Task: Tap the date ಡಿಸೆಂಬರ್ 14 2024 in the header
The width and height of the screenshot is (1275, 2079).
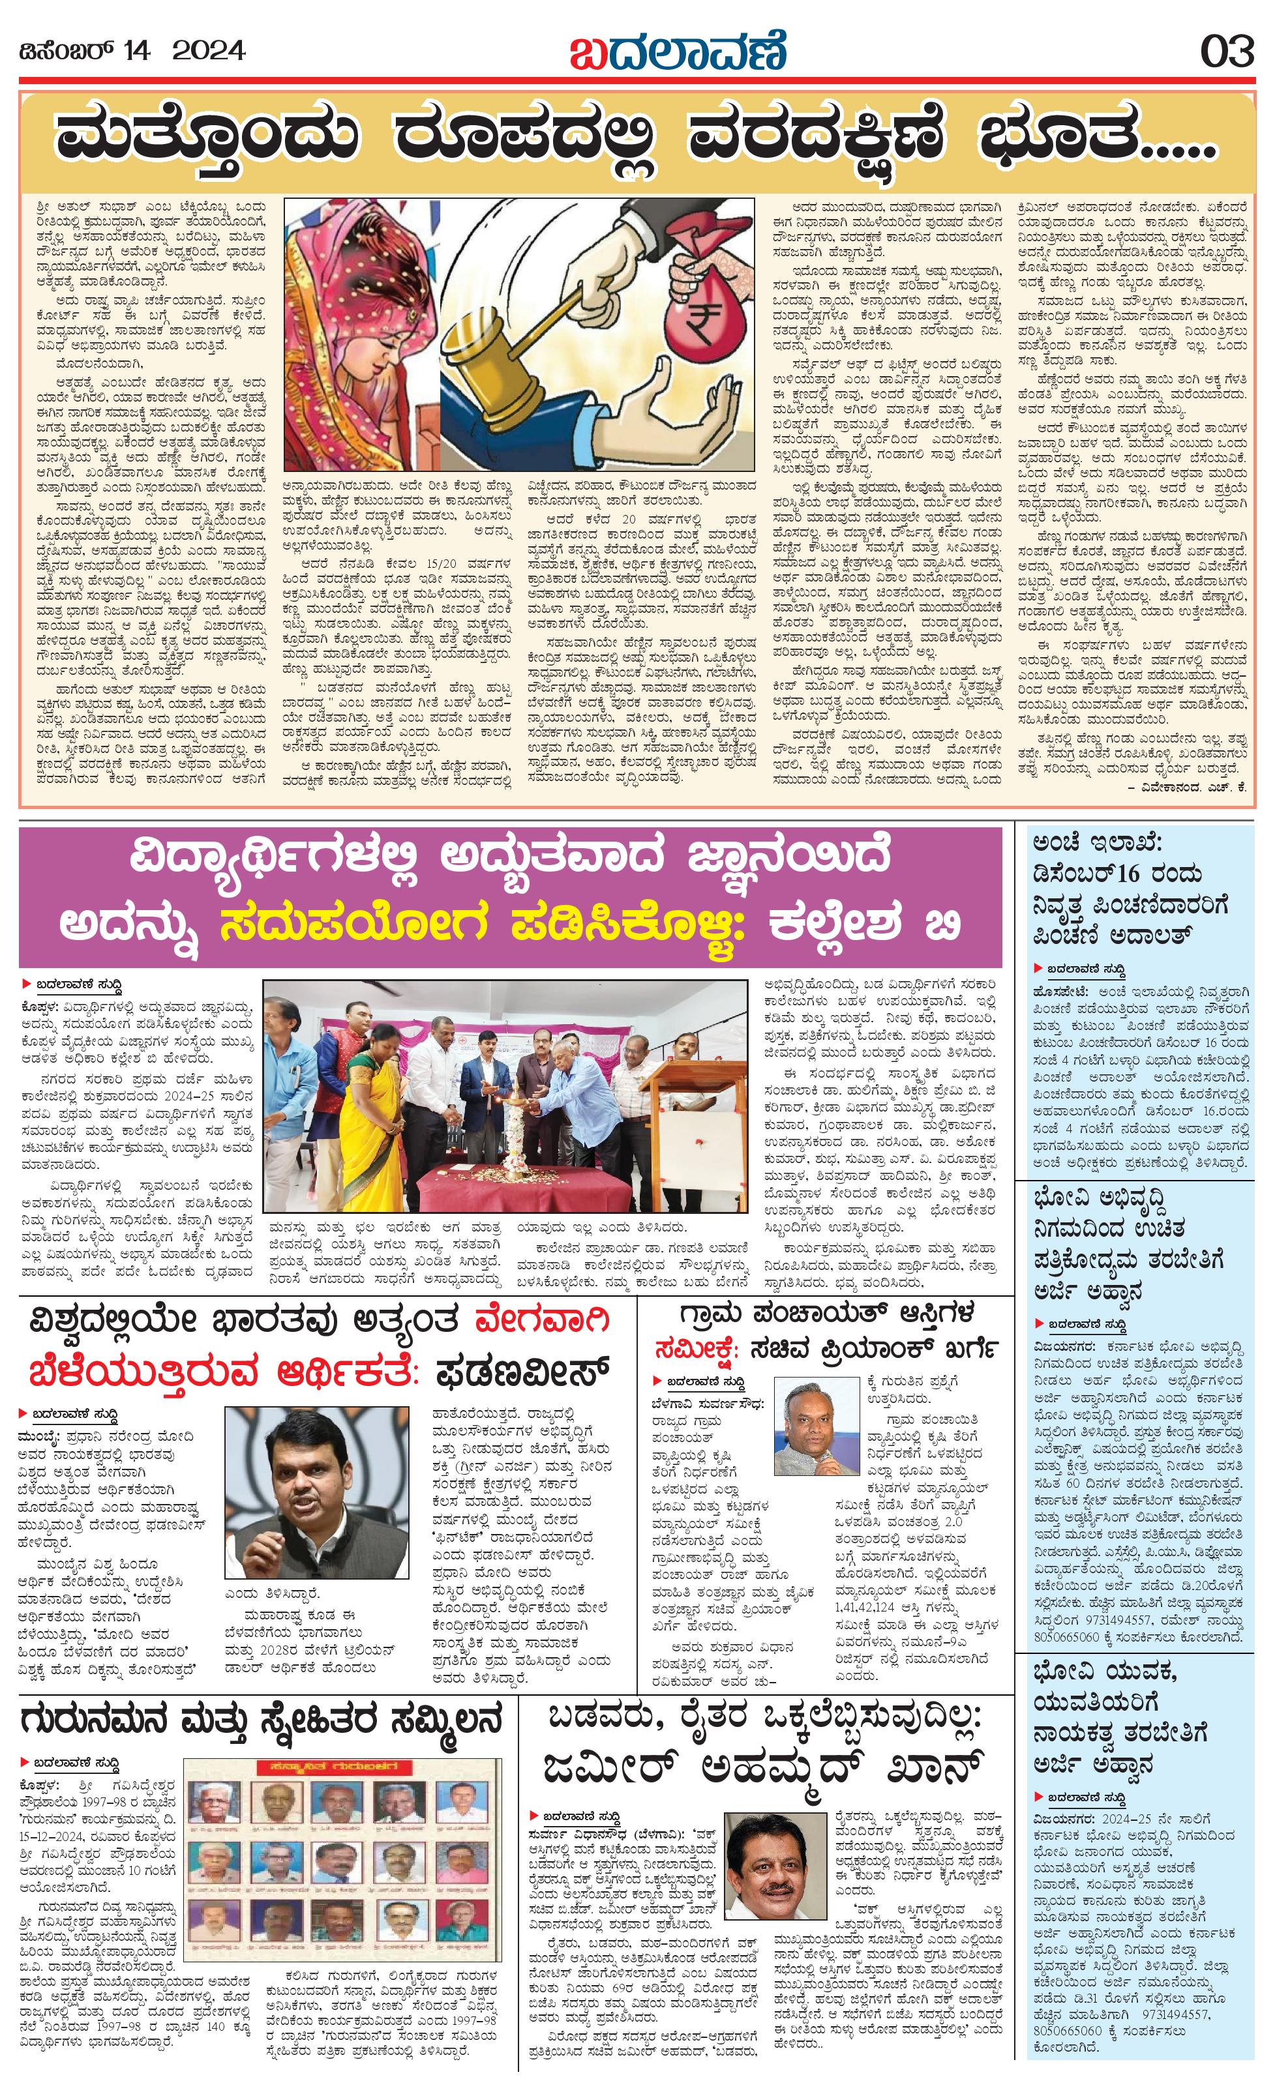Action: [x=132, y=52]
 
